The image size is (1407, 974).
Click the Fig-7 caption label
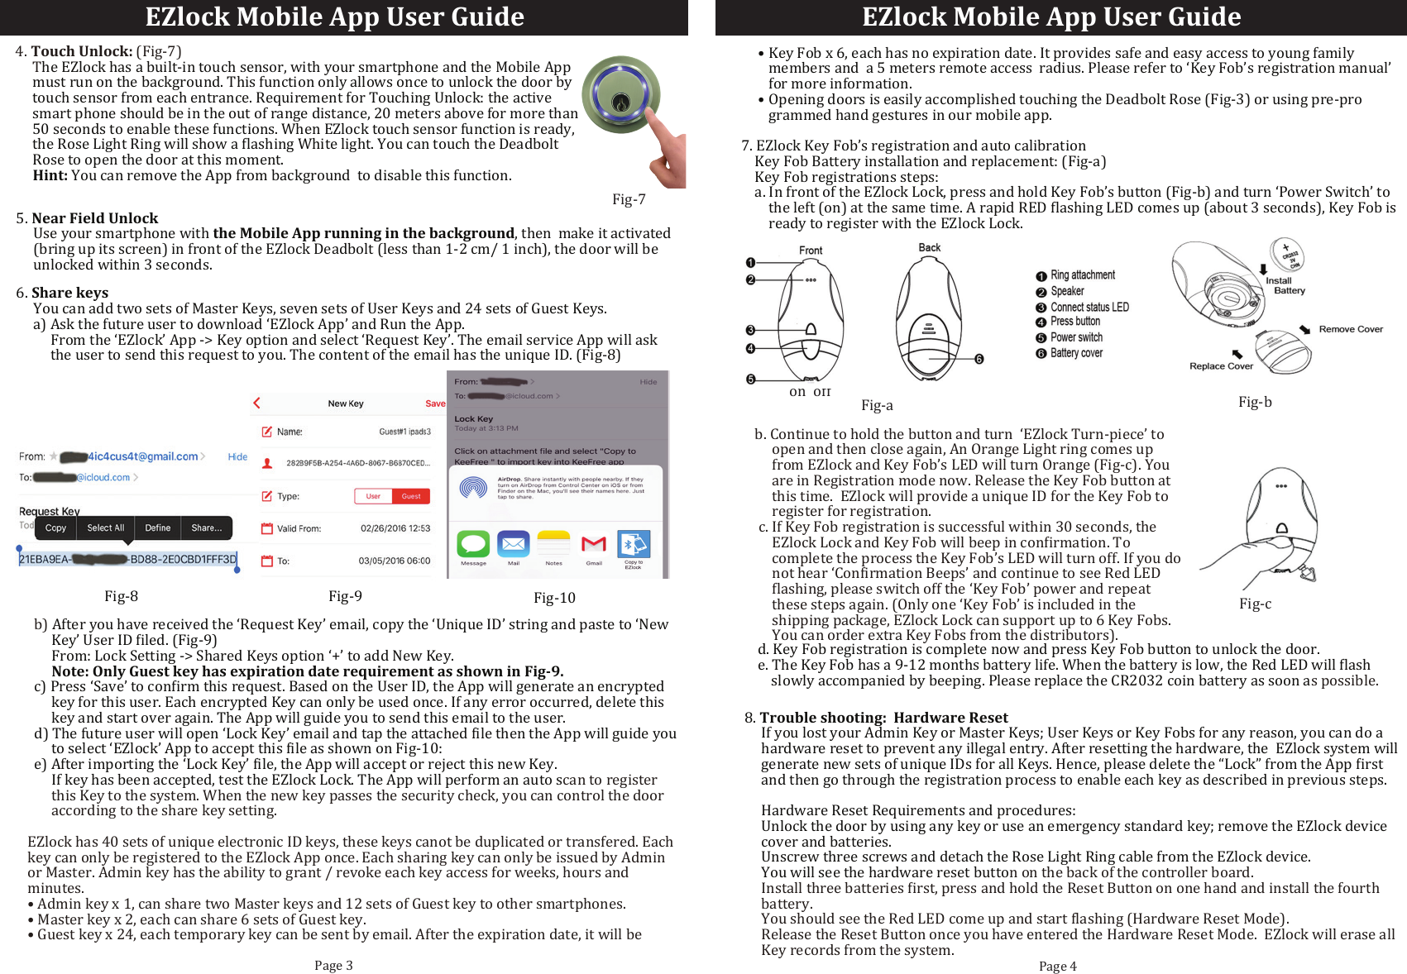point(629,199)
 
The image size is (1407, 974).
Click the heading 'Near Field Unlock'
point(94,218)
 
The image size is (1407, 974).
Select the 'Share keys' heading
point(69,293)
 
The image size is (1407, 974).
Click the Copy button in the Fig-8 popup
point(55,528)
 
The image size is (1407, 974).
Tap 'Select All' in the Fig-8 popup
point(105,528)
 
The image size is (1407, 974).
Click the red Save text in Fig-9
point(435,403)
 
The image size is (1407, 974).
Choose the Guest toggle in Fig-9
point(411,496)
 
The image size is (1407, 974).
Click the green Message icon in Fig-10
point(473,545)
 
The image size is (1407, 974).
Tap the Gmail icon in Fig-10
point(594,545)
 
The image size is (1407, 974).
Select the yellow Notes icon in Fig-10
point(553,545)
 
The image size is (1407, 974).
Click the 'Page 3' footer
point(333,965)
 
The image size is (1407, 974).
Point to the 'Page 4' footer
point(1057,966)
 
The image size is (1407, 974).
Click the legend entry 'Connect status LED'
point(1089,307)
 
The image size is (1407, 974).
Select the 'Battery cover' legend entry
point(1075,353)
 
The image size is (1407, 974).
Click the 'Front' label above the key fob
point(810,251)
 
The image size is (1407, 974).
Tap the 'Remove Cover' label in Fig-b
point(1350,329)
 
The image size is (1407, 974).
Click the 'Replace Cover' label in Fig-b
point(1221,366)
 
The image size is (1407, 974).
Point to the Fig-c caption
point(1255,604)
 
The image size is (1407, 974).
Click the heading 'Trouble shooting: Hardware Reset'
point(883,718)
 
